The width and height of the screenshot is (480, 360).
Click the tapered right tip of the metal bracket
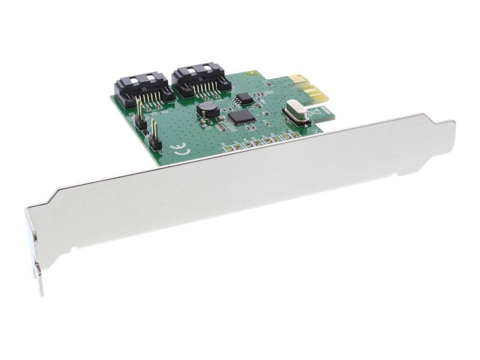pos(450,124)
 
